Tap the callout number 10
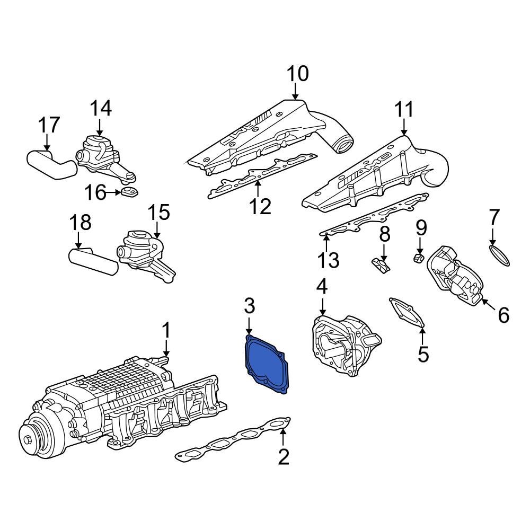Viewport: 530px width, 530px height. [297, 74]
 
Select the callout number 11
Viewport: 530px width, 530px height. [404, 110]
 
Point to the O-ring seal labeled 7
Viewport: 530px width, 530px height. [499, 254]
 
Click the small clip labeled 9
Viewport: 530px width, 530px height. [418, 258]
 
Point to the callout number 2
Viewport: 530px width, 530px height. [284, 456]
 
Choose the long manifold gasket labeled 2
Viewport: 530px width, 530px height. [233, 439]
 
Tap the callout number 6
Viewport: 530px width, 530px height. [503, 315]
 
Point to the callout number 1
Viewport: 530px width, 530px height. [166, 331]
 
